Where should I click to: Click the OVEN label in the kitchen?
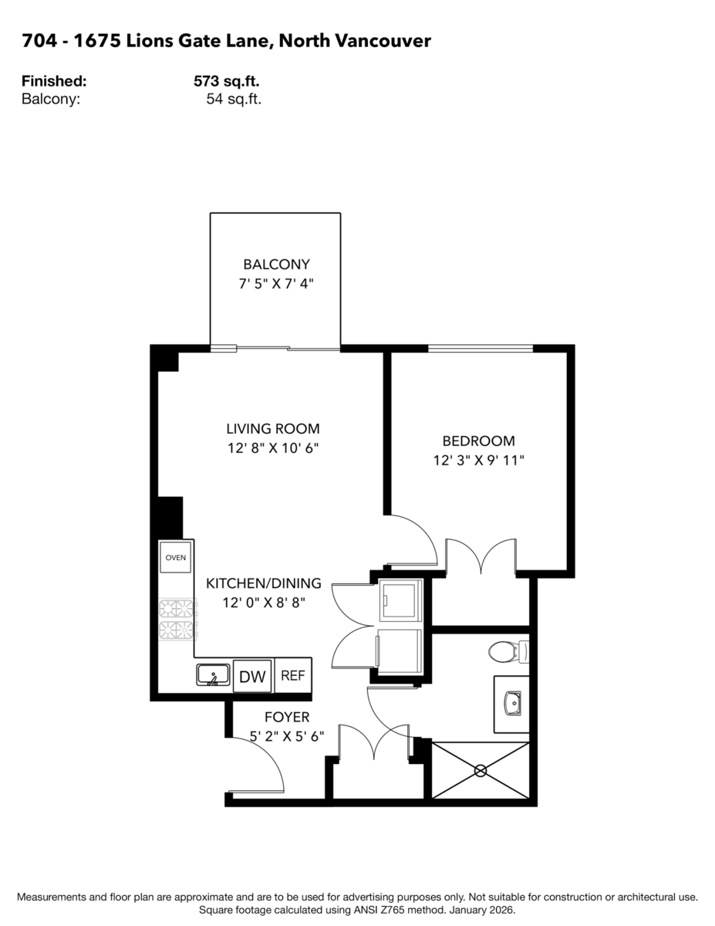[175, 557]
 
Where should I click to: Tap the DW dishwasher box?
[251, 677]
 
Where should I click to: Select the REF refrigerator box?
[292, 676]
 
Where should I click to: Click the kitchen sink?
[212, 675]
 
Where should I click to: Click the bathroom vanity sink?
[511, 703]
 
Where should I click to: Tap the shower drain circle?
[481, 770]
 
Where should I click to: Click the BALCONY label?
[276, 264]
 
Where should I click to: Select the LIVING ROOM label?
[272, 429]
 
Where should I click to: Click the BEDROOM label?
[478, 441]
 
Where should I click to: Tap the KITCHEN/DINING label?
[264, 584]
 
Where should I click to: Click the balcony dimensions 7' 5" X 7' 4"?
[276, 284]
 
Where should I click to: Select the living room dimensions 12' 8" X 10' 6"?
[272, 449]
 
